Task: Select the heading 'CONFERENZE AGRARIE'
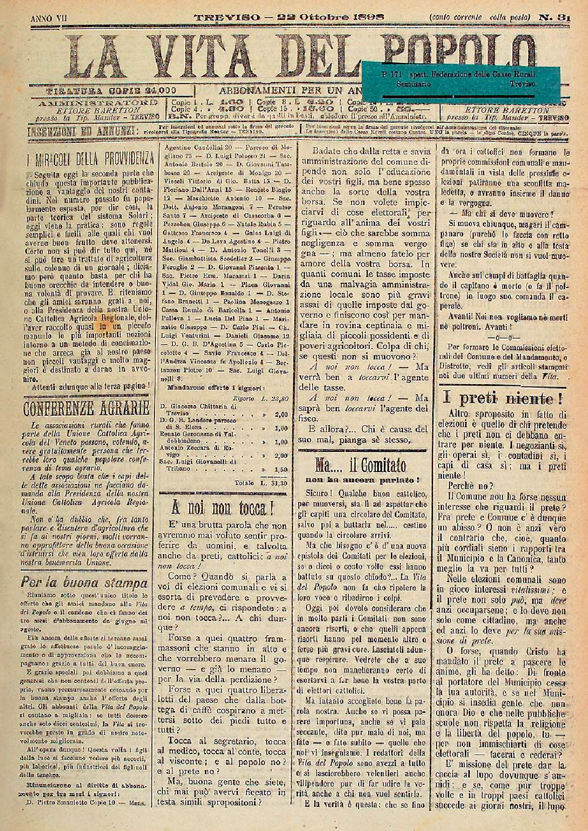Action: [x=86, y=407]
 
